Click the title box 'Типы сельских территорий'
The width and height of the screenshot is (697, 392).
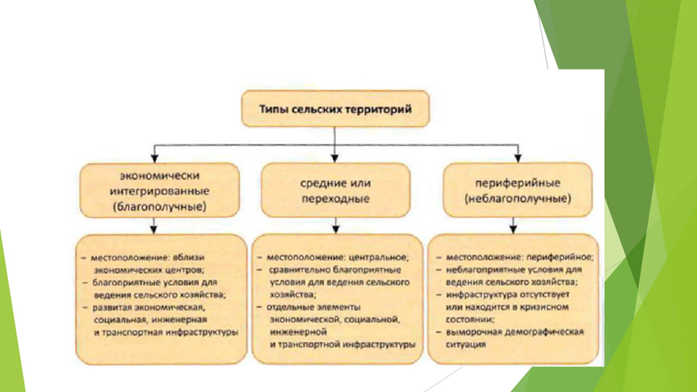[x=335, y=109]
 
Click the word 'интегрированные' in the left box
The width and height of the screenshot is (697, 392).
[x=160, y=191]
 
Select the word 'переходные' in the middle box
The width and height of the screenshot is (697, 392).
[x=336, y=198]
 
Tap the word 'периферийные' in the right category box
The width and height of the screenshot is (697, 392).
[x=517, y=182]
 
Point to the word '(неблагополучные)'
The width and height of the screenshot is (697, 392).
[x=517, y=198]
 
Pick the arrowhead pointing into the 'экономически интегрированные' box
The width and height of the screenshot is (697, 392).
[x=154, y=157]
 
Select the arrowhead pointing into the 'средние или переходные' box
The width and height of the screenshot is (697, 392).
[x=335, y=157]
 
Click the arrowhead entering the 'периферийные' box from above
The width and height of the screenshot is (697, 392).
[x=517, y=157]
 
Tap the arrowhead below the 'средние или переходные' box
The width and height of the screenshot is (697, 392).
[x=335, y=228]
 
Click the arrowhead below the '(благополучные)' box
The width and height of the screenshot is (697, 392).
[x=154, y=228]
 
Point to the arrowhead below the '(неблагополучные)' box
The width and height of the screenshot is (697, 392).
[x=513, y=228]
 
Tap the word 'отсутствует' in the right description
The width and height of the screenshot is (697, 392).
[x=547, y=295]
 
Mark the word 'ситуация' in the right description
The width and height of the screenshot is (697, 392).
[x=466, y=344]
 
